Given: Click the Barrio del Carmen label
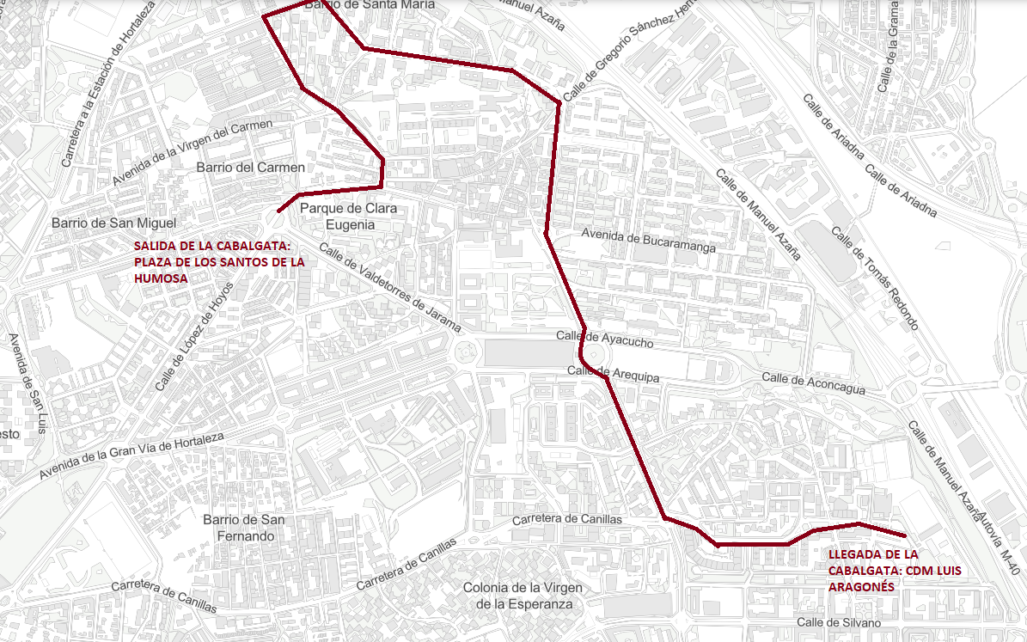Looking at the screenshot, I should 250,167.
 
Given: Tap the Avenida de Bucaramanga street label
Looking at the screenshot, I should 649,240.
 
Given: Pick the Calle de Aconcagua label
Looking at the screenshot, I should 813,384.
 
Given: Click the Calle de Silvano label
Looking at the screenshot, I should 839,622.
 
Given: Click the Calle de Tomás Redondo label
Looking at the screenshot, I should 875,277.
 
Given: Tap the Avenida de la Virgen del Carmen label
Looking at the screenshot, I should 193,152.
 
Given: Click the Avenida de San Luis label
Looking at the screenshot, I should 27,384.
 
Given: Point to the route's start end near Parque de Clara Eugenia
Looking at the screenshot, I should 278,211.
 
